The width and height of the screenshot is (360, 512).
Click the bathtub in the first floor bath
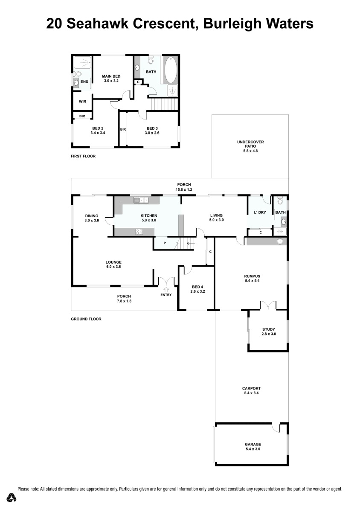171,70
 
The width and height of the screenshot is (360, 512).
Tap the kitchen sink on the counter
141,200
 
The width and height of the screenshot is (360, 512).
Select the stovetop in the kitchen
139,232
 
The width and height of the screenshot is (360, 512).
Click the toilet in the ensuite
77,74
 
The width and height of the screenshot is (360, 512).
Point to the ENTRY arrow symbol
166,289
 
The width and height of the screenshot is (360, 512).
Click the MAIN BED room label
111,76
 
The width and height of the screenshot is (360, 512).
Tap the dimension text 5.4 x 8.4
251,393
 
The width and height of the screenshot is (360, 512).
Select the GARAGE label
253,444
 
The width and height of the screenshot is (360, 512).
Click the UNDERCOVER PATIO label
250,144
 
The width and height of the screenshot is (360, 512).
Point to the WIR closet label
82,102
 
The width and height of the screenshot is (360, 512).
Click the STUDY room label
269,329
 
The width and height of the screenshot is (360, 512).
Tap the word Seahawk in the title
98,24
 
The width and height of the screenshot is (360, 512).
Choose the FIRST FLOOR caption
83,156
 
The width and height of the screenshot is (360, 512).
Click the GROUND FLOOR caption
86,319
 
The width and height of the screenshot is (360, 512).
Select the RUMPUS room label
252,276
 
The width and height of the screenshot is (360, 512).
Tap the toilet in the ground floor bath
280,201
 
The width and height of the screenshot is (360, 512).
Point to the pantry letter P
165,243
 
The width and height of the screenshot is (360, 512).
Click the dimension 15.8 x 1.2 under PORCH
184,189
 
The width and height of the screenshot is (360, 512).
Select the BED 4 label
197,287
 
